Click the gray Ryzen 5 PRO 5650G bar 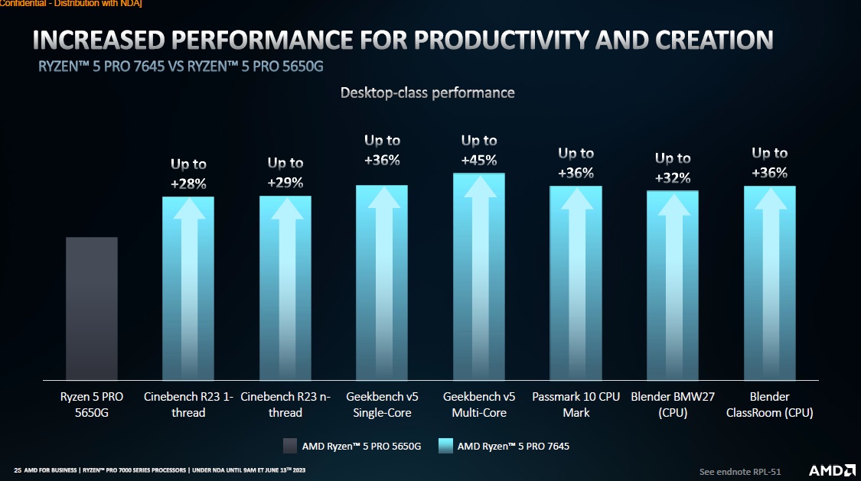(92, 308)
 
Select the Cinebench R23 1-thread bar (188, 288)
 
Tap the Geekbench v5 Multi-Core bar (479, 277)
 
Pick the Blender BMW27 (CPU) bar (673, 285)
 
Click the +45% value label (479, 161)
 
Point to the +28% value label (188, 184)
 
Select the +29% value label (285, 183)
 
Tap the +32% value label (673, 178)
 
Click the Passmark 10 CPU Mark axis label (576, 405)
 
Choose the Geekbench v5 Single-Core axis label (382, 405)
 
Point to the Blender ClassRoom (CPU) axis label (769, 405)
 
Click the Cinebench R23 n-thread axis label (285, 405)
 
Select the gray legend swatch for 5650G (289, 446)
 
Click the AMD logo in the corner (828, 469)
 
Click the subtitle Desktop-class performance (427, 93)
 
